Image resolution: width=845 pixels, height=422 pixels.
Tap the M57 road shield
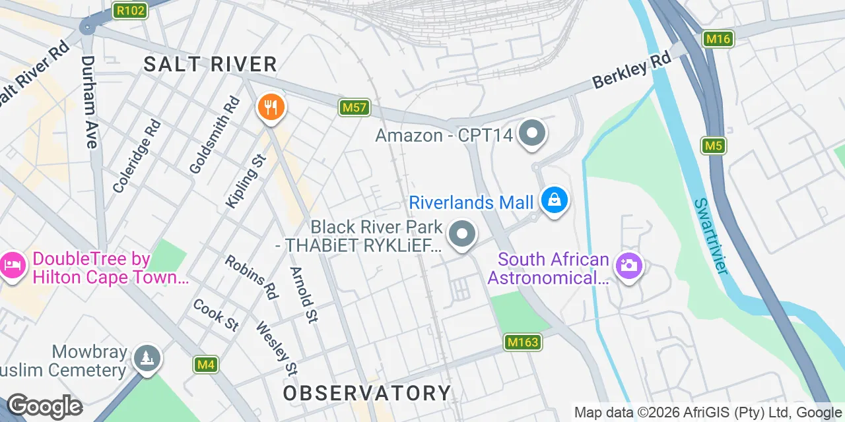click(x=355, y=107)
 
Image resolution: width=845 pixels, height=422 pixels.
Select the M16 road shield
click(x=718, y=39)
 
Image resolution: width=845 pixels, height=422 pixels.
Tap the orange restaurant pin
click(x=270, y=107)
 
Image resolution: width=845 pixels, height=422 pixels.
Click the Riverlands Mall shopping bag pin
click(x=555, y=200)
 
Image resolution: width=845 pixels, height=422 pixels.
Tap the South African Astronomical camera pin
click(x=628, y=266)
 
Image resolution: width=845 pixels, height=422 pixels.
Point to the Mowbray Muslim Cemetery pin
click(x=147, y=359)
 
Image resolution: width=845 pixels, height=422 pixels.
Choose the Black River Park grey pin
click(x=461, y=235)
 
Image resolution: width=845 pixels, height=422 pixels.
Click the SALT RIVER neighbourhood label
click(x=211, y=64)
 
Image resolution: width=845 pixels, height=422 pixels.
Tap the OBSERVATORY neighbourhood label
click(x=367, y=393)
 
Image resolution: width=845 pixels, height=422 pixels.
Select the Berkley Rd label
click(x=631, y=70)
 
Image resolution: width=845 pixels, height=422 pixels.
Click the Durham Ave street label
click(x=89, y=102)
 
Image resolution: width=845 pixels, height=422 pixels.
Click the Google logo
click(x=44, y=406)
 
